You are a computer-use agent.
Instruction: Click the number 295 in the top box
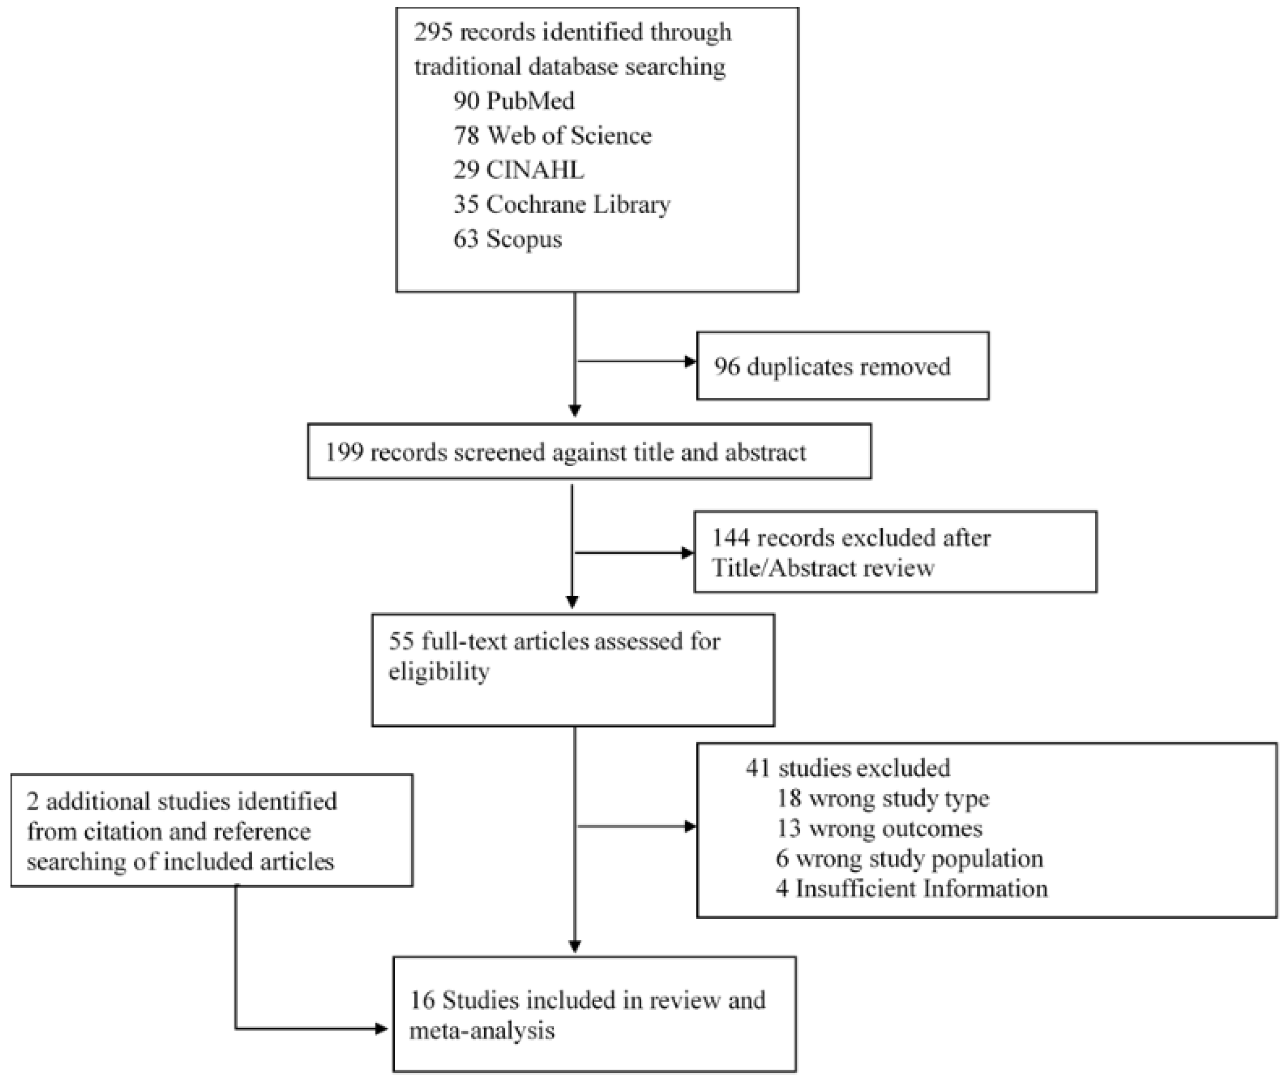(434, 32)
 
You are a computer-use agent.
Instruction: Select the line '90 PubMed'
(514, 101)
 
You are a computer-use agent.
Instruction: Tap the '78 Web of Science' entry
(552, 135)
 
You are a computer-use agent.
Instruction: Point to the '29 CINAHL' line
(519, 170)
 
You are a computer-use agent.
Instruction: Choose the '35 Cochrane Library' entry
(561, 204)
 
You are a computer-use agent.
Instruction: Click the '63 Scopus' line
(508, 239)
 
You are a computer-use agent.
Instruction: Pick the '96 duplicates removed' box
(842, 366)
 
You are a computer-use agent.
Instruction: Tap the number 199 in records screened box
(344, 452)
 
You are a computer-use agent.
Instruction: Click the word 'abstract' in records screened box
(765, 452)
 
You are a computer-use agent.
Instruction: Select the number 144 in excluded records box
(730, 538)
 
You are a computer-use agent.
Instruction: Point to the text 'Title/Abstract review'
(822, 568)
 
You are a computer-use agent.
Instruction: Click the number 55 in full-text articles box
(401, 641)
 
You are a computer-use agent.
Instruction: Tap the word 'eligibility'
(439, 672)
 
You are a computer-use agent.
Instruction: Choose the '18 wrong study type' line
(883, 798)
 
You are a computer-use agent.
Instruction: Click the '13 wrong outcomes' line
(879, 829)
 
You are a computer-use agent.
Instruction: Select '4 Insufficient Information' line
(911, 889)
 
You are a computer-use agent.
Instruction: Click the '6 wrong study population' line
(909, 859)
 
